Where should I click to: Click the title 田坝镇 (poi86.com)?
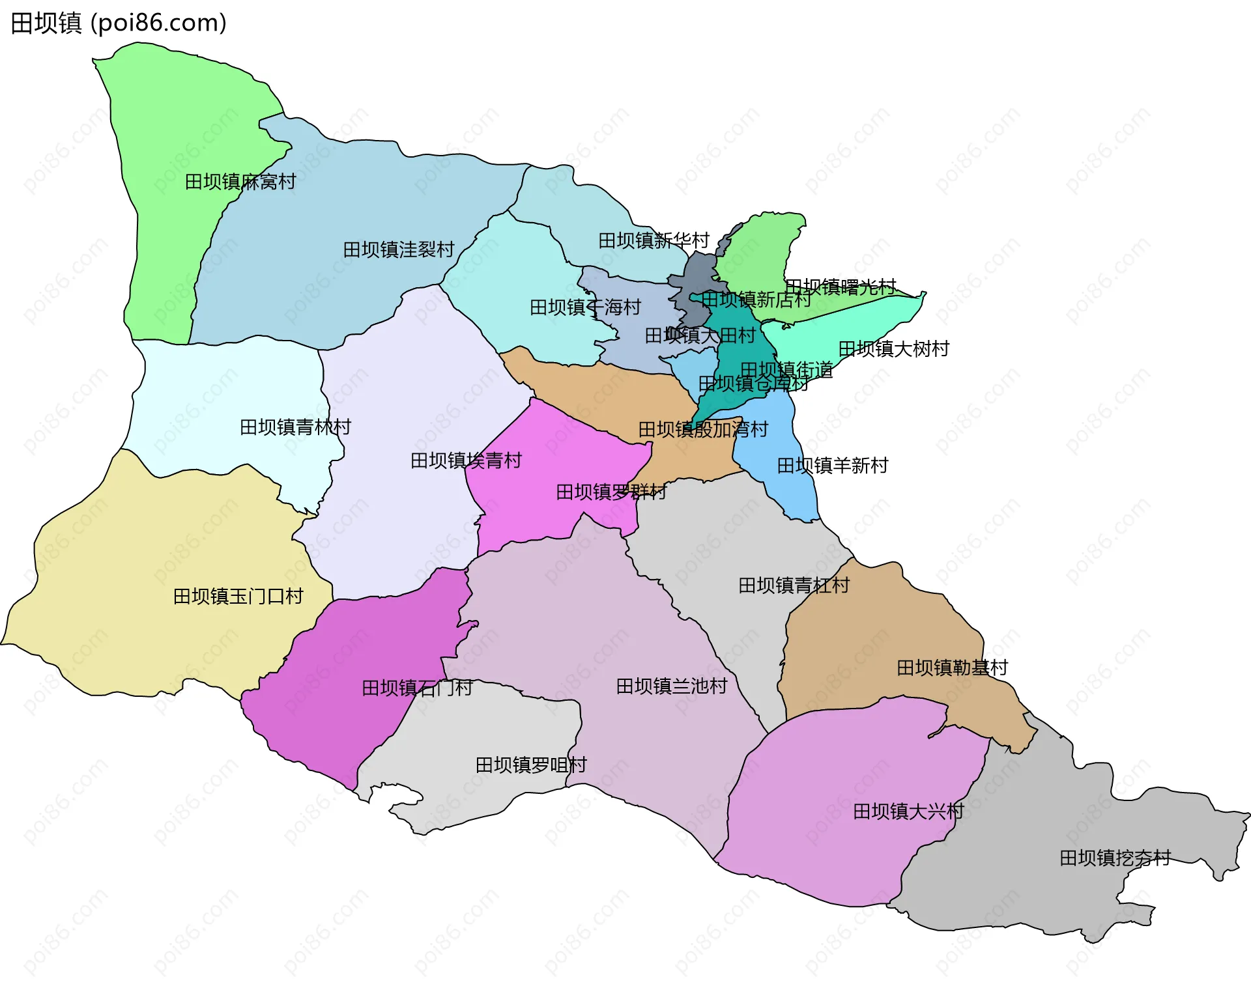(x=119, y=23)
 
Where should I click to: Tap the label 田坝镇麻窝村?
(x=240, y=182)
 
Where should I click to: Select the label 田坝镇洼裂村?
(x=398, y=249)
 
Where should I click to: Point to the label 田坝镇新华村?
(x=654, y=240)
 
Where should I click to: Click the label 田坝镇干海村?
(x=585, y=307)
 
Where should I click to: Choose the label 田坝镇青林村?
(x=295, y=427)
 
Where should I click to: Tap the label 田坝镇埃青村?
(x=466, y=461)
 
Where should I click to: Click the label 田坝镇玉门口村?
(x=238, y=597)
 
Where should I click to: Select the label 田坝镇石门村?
(x=417, y=688)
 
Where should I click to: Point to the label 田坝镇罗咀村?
(x=531, y=765)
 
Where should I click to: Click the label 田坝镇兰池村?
(x=671, y=686)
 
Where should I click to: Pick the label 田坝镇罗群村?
(x=611, y=492)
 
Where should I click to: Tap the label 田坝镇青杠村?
(x=794, y=585)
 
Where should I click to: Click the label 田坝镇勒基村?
(x=952, y=668)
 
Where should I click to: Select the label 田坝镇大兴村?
(x=908, y=811)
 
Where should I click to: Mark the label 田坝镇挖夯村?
(x=1115, y=858)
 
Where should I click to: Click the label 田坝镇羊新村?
(x=832, y=466)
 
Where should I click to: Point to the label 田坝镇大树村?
(x=893, y=349)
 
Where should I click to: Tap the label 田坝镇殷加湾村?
(x=703, y=430)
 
